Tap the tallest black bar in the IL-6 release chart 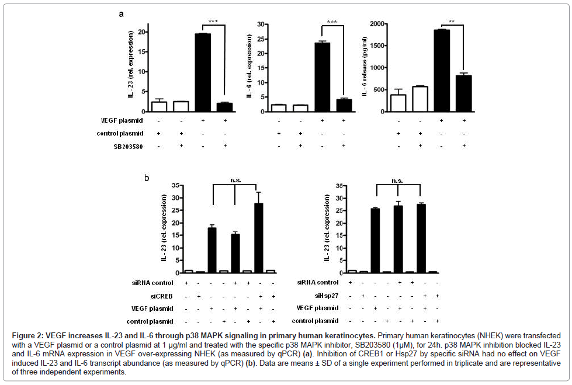click(441, 70)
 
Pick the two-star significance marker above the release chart click(453, 20)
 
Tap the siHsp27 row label click(325, 295)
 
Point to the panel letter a click(121, 13)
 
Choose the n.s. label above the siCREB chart click(234, 181)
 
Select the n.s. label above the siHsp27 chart click(398, 181)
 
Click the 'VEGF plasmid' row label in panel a click(120, 120)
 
